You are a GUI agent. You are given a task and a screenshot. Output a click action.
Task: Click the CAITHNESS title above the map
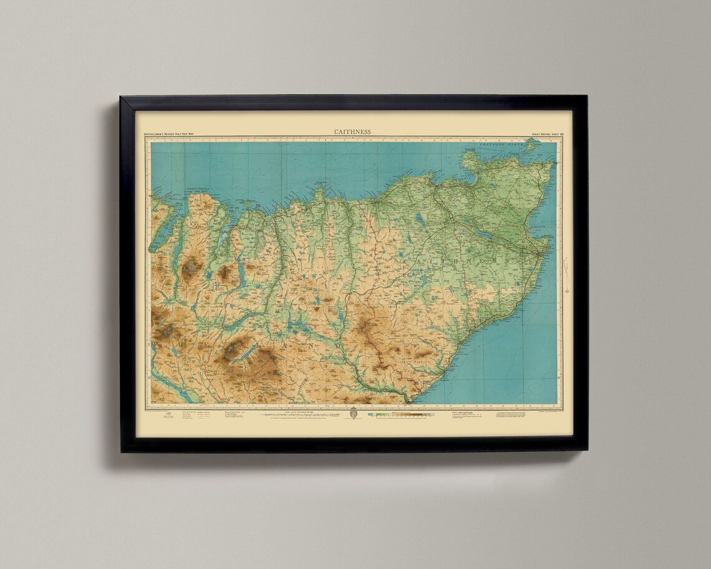352,132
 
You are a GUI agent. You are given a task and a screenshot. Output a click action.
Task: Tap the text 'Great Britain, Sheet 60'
539,134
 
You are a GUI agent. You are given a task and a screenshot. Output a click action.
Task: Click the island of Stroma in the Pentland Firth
531,145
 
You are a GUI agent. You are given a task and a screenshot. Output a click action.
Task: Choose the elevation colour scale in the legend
399,414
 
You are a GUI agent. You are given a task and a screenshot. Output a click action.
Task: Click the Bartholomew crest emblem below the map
353,414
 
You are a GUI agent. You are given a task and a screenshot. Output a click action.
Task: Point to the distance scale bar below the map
293,414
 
